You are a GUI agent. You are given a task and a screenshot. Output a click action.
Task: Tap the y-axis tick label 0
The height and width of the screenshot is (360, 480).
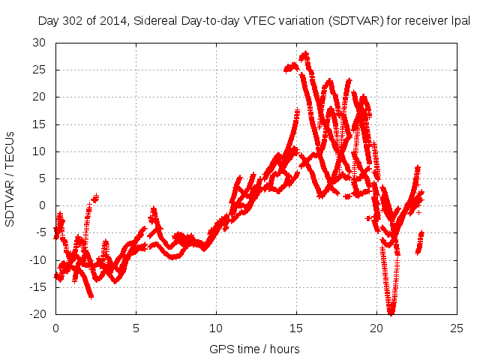click(43, 205)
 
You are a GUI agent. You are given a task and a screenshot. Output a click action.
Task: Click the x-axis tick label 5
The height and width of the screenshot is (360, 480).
click(136, 328)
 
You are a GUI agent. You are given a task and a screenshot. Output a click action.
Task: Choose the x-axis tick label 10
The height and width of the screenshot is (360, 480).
click(216, 328)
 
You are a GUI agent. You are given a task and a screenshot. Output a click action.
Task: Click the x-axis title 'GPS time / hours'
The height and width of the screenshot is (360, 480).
click(255, 349)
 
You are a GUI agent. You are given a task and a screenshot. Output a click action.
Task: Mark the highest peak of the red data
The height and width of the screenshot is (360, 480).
click(304, 54)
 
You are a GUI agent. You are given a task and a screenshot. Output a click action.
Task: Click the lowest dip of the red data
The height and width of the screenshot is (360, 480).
click(391, 313)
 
